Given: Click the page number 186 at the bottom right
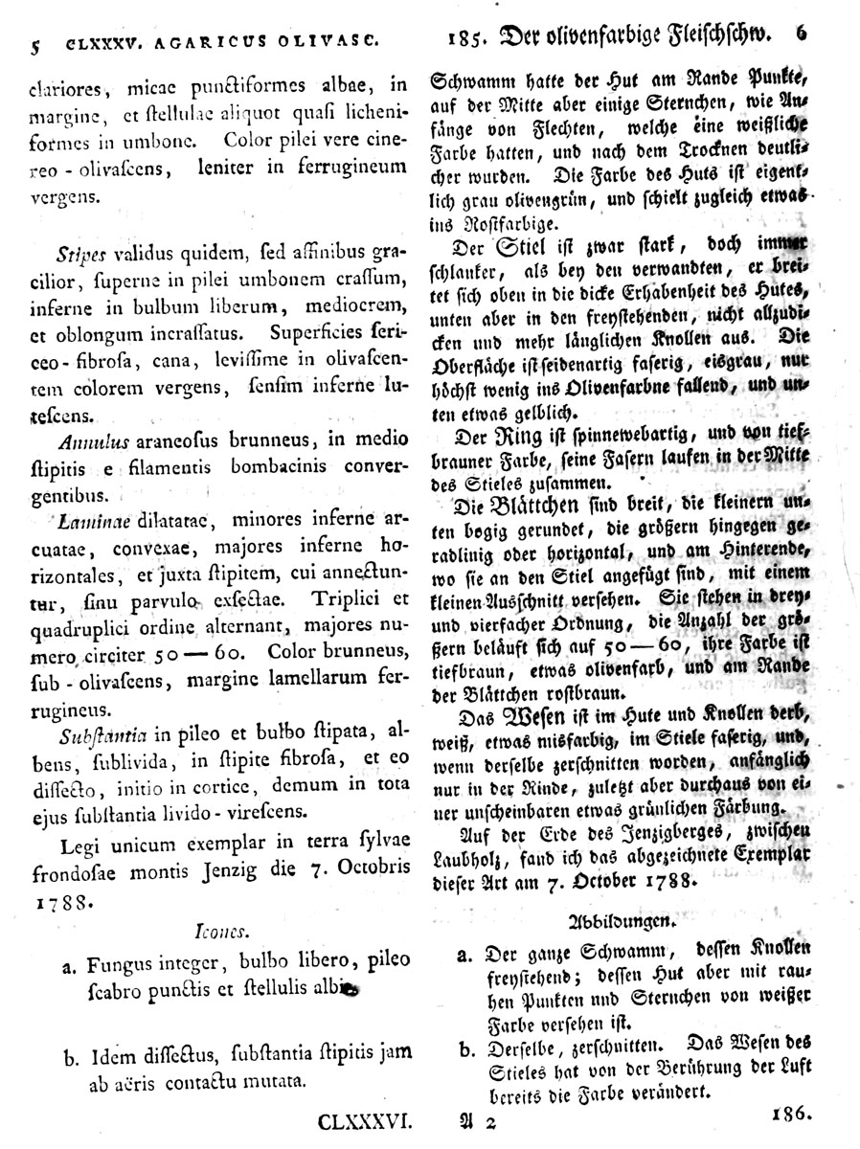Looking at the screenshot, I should (x=790, y=1113).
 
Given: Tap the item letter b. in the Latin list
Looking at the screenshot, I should (x=70, y=1057).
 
